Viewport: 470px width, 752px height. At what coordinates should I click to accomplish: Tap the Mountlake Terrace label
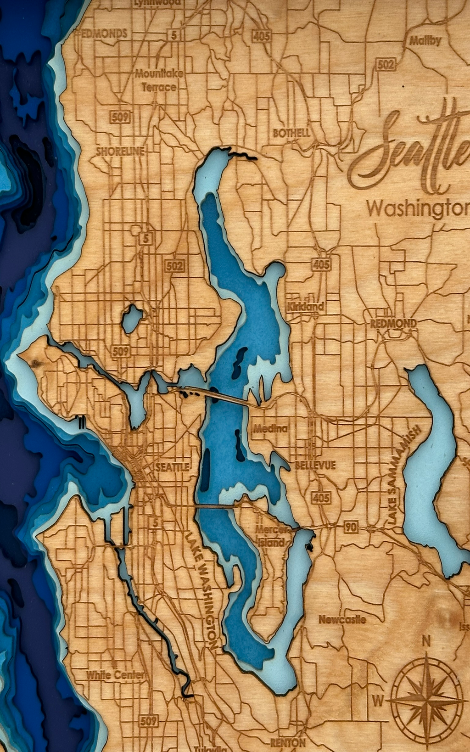pyautogui.click(x=159, y=80)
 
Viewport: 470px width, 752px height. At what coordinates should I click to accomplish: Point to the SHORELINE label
pyautogui.click(x=120, y=151)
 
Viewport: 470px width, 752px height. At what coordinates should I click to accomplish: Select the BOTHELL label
pyautogui.click(x=291, y=133)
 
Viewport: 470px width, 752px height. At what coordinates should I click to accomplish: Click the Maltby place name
pyautogui.click(x=425, y=41)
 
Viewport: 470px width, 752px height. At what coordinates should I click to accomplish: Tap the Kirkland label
pyautogui.click(x=305, y=306)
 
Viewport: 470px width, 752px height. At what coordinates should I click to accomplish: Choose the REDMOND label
pyautogui.click(x=393, y=323)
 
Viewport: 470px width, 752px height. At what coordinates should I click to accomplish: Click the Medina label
pyautogui.click(x=271, y=428)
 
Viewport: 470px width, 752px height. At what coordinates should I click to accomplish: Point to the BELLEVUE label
pyautogui.click(x=315, y=465)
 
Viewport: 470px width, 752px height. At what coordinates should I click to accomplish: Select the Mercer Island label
pyautogui.click(x=271, y=536)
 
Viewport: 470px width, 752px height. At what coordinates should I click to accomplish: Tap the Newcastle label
pyautogui.click(x=342, y=619)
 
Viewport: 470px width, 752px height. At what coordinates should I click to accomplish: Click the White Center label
pyautogui.click(x=116, y=675)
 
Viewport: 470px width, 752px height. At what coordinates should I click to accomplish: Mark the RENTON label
pyautogui.click(x=288, y=742)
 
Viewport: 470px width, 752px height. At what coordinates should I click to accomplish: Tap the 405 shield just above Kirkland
pyautogui.click(x=321, y=264)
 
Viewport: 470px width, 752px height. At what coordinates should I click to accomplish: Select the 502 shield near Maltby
pyautogui.click(x=385, y=64)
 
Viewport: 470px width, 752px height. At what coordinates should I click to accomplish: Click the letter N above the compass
pyautogui.click(x=426, y=641)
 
